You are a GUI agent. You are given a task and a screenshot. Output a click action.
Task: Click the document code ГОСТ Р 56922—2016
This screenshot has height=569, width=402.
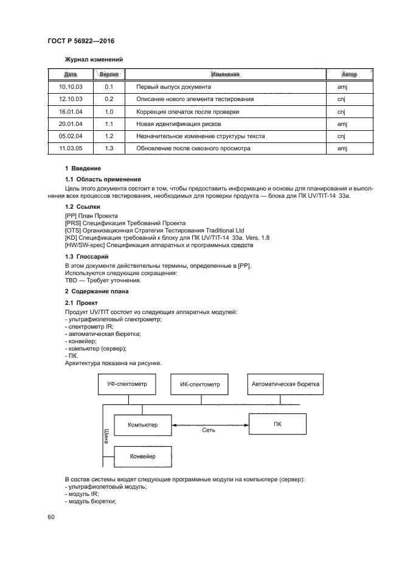81,41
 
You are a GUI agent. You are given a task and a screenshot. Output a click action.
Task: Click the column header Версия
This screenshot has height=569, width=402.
109,74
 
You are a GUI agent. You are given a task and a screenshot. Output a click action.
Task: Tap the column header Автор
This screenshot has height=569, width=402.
348,74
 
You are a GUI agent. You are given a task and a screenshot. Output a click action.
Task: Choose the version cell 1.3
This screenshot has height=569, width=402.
109,148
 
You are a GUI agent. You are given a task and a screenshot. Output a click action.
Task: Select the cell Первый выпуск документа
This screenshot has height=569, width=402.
175,88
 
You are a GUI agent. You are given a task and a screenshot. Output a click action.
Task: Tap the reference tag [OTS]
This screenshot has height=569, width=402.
73,231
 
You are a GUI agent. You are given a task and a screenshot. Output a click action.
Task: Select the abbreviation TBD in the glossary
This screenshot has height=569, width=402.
71,281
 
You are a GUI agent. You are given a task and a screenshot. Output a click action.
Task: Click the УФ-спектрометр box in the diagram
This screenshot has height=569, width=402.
128,384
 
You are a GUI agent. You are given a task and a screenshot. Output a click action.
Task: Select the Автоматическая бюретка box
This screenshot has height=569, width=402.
285,384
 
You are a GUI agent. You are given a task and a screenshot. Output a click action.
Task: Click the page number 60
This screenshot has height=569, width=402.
51,517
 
